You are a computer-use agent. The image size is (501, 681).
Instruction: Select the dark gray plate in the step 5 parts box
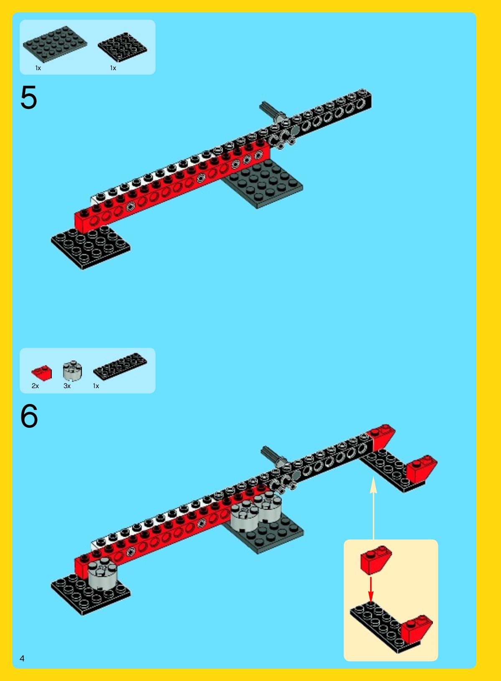point(55,44)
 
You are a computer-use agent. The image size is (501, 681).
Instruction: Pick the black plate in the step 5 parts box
point(122,47)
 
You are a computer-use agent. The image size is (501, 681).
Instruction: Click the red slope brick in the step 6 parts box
point(42,373)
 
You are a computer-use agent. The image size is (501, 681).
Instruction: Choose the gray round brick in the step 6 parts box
point(73,371)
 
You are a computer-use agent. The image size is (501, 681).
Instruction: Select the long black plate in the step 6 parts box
point(120,366)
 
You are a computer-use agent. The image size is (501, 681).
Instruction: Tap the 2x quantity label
point(35,386)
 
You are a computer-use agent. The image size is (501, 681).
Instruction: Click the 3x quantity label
point(67,386)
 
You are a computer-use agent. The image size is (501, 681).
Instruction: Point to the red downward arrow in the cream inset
point(371,589)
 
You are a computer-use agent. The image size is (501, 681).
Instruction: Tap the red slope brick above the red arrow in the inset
point(376,560)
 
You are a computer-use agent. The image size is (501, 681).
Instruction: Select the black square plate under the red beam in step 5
point(91,247)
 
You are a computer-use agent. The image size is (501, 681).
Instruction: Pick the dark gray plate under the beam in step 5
point(263,185)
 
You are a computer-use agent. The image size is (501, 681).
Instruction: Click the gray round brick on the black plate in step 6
point(102,575)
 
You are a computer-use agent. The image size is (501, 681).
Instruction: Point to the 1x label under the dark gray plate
point(38,68)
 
